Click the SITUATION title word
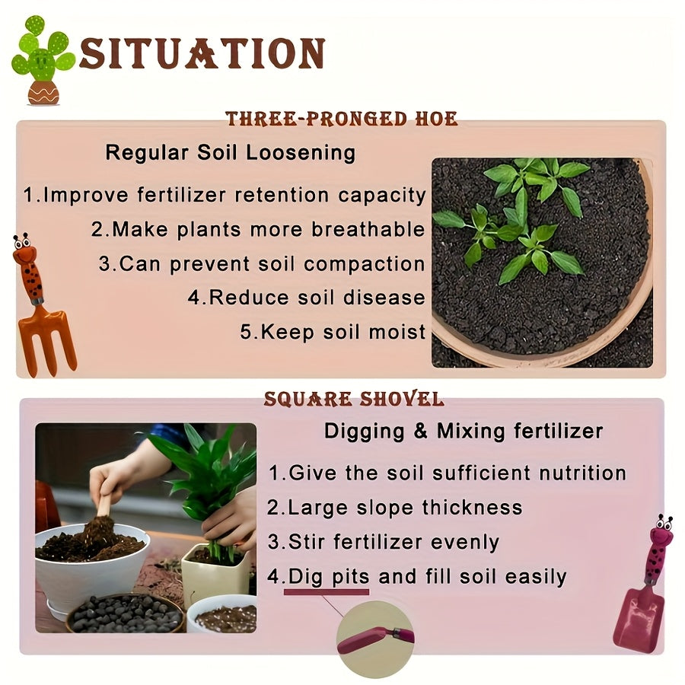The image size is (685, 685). [x=202, y=53]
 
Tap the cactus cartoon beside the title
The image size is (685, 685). [x=43, y=61]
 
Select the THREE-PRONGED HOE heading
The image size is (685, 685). [x=342, y=119]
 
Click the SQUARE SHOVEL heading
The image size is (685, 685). [x=354, y=400]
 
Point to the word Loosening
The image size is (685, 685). [x=301, y=153]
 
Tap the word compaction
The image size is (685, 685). [x=365, y=265]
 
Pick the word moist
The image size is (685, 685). [x=397, y=332]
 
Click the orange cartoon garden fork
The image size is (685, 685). [x=42, y=306]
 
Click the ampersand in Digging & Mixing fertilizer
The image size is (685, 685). [x=420, y=431]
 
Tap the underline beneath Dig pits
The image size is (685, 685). [x=327, y=592]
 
